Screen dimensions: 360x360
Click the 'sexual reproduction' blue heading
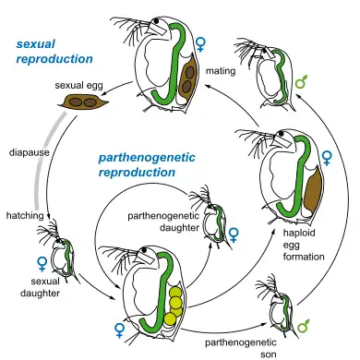(x=42, y=51)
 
